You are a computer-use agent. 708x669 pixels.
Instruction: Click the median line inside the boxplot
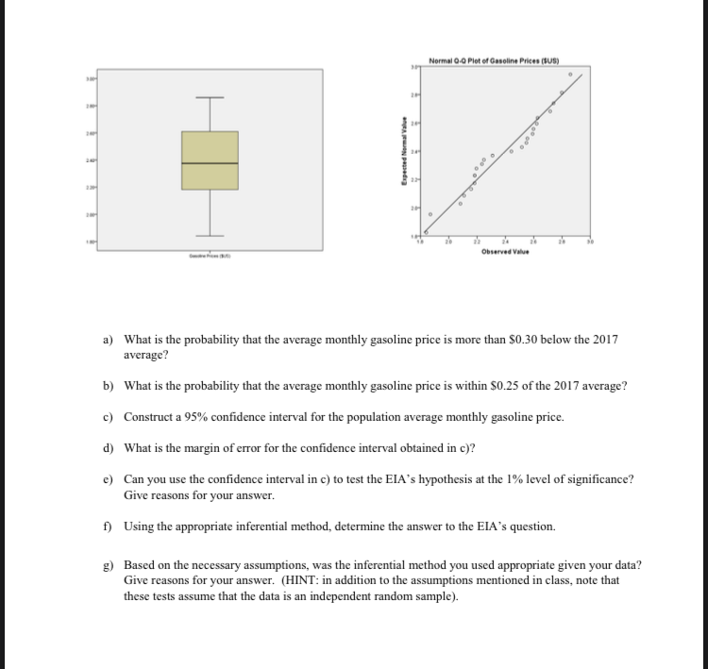211,164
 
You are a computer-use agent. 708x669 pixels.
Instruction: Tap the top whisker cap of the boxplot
211,97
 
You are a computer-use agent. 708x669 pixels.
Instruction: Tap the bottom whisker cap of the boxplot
211,234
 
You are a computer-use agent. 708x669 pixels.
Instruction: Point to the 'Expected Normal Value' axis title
403,150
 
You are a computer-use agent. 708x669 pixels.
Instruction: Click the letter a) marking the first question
109,339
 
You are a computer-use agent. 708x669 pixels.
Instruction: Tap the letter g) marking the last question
109,564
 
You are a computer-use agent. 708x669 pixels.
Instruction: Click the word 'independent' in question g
304,596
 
